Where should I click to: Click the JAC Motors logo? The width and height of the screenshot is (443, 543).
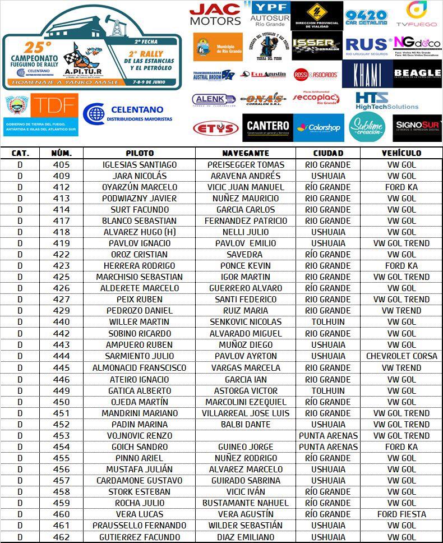click(215, 14)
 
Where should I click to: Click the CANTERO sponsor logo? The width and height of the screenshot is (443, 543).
click(267, 127)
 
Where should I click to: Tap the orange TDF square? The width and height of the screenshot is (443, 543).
click(54, 105)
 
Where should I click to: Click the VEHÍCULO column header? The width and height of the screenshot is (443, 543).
click(401, 153)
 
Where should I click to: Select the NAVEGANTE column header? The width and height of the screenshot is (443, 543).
click(246, 153)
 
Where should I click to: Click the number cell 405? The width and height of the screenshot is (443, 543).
click(61, 165)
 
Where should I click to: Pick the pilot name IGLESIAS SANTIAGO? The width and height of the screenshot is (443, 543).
click(140, 165)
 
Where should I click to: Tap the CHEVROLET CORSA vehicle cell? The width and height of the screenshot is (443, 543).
click(402, 356)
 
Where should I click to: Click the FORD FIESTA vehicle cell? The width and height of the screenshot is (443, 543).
click(402, 514)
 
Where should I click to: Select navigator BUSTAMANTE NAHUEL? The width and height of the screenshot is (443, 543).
click(246, 503)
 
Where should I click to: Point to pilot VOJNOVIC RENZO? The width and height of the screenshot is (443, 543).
click(140, 436)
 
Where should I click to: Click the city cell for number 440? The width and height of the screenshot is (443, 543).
click(328, 322)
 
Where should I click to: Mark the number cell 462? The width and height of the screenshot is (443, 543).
click(61, 537)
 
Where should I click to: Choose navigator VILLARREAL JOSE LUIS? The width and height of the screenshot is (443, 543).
click(246, 413)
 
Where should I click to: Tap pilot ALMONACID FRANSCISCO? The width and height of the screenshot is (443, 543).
click(140, 368)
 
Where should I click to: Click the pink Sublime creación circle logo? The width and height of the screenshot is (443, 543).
click(367, 127)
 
